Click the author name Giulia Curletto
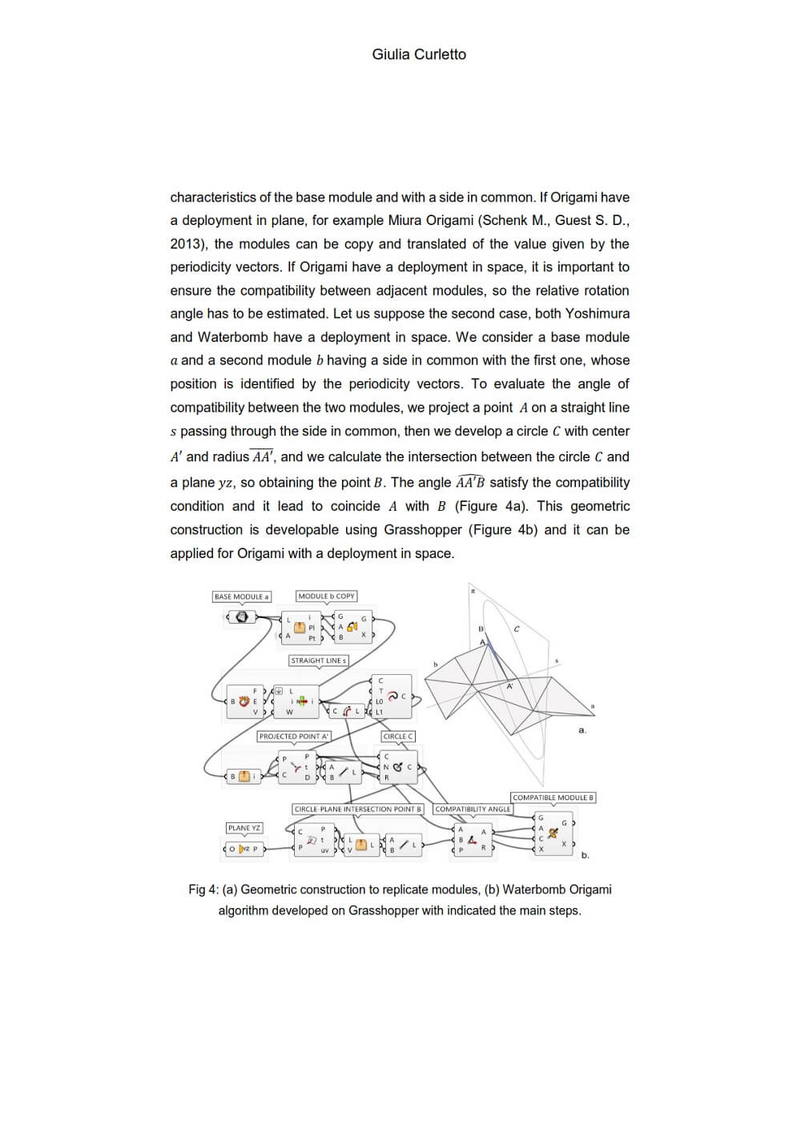pos(418,54)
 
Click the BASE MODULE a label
pos(241,597)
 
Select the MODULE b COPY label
pos(326,596)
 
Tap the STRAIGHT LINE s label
pos(318,661)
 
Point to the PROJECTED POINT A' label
pos(294,736)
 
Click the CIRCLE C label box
pos(398,736)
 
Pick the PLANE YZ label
pos(244,828)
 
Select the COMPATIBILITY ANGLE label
pos(473,809)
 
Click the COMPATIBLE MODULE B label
pos(553,798)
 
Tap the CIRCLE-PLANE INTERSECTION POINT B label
pos(357,809)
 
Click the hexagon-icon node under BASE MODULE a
pos(242,617)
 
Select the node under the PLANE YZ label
pos(245,849)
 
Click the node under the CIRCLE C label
pos(397,767)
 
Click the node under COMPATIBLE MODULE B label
pos(553,833)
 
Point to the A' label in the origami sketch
pos(509,686)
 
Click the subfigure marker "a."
pos(582,729)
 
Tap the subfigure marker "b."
pos(585,855)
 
